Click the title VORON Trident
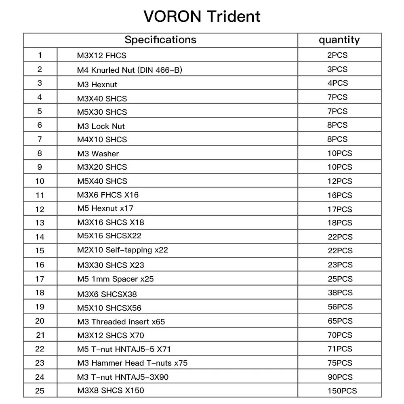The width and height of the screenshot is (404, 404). (x=202, y=17)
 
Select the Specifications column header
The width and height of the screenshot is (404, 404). (x=160, y=40)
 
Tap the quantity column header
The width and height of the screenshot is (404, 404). (x=339, y=40)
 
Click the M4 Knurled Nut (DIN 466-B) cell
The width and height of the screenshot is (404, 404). (x=129, y=70)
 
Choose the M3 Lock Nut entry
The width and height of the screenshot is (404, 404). (x=101, y=126)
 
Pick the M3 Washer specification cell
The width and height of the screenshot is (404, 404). (x=98, y=154)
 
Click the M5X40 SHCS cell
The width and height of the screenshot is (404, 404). (x=102, y=181)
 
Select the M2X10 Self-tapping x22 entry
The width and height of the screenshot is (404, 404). (x=122, y=250)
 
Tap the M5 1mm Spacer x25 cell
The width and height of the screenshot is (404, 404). (x=115, y=279)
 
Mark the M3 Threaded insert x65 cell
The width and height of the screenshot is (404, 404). (x=121, y=322)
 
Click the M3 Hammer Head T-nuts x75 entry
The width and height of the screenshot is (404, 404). (x=132, y=363)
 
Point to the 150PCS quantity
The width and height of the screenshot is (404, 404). (x=342, y=391)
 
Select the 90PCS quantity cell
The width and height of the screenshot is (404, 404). (x=340, y=377)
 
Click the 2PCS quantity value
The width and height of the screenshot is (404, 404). (x=337, y=55)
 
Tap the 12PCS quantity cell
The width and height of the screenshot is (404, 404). (x=340, y=181)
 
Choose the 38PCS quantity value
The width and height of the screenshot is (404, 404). (x=340, y=292)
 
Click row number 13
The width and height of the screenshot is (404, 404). (x=40, y=223)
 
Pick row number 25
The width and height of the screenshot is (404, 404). (x=40, y=391)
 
